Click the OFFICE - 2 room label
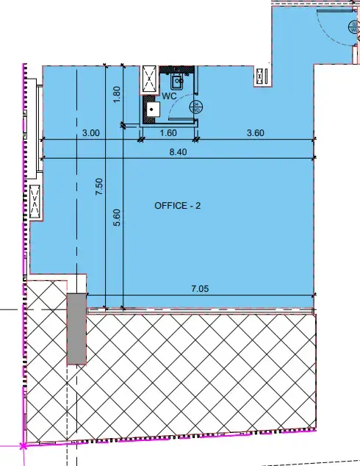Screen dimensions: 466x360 [178, 206]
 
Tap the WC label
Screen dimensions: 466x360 [168, 96]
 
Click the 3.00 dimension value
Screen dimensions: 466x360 [90, 133]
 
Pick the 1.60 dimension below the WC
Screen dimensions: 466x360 [168, 133]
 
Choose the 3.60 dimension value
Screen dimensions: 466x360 [255, 133]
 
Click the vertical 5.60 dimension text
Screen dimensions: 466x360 [116, 221]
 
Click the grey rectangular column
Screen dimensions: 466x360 [76, 328]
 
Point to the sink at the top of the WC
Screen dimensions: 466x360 [177, 80]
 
